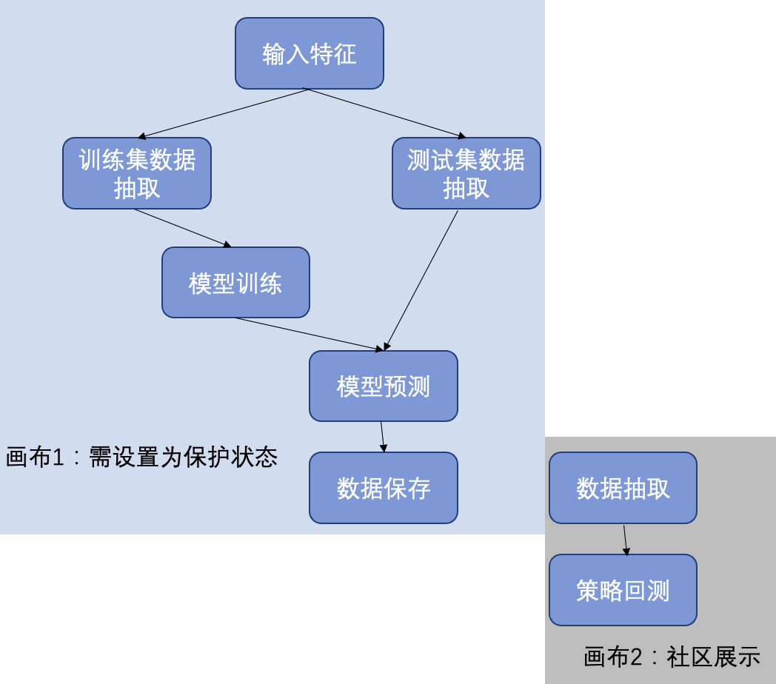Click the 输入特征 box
click(310, 53)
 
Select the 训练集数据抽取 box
click(137, 173)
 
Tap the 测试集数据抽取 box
click(466, 173)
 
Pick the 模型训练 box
click(235, 283)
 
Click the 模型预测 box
click(384, 386)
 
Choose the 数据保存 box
click(384, 488)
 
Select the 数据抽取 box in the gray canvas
click(623, 488)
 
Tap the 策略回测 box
click(623, 590)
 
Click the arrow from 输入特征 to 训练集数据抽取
click(222, 113)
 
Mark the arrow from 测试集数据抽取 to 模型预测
click(421, 280)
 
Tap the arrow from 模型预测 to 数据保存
click(383, 437)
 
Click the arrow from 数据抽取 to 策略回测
click(626, 540)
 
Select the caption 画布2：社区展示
click(672, 657)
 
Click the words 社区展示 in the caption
click(713, 657)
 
